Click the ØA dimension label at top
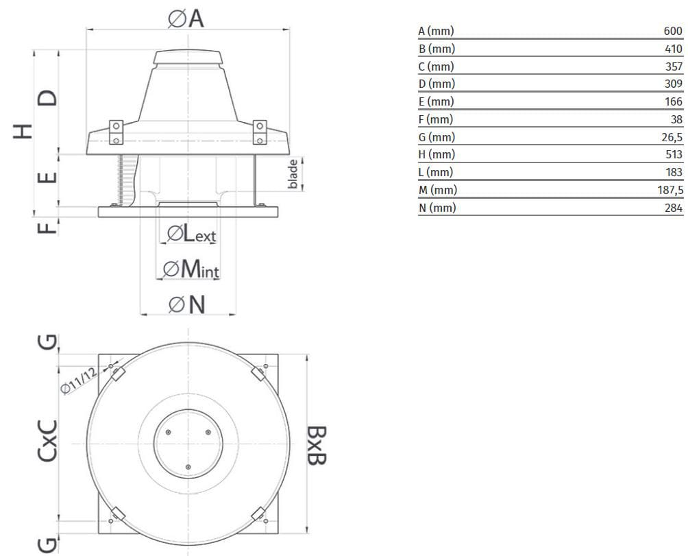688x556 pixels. click(x=186, y=19)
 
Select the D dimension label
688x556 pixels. click(x=47, y=98)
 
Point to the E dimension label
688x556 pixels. click(x=47, y=178)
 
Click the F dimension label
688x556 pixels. click(x=47, y=226)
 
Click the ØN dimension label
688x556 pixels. click(x=187, y=304)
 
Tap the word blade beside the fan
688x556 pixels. click(x=293, y=174)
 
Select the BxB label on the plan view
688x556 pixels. click(x=316, y=445)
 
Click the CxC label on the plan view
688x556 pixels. click(x=47, y=440)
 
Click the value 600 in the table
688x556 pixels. click(x=673, y=31)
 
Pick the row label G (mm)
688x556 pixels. click(x=437, y=137)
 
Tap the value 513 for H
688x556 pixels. click(x=674, y=155)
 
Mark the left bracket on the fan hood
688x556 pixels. click(x=116, y=132)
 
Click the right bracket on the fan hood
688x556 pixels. click(x=260, y=132)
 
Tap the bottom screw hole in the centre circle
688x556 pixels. click(x=188, y=467)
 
